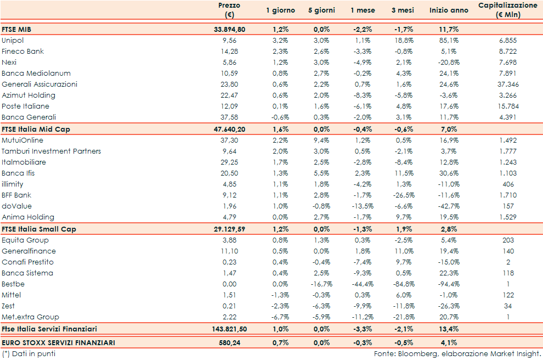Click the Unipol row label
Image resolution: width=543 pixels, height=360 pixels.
tap(13, 41)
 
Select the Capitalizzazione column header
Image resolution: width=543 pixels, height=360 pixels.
tap(507, 10)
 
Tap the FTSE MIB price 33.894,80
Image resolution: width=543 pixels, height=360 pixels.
tap(229, 30)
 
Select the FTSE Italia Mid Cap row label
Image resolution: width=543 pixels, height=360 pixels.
tap(36, 129)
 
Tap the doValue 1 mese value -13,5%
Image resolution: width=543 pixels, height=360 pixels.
tap(362, 206)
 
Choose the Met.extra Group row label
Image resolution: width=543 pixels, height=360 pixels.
tap(30, 317)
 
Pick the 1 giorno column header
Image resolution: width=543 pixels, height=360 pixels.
tap(280, 10)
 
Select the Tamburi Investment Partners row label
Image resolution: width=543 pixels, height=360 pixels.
tap(51, 151)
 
